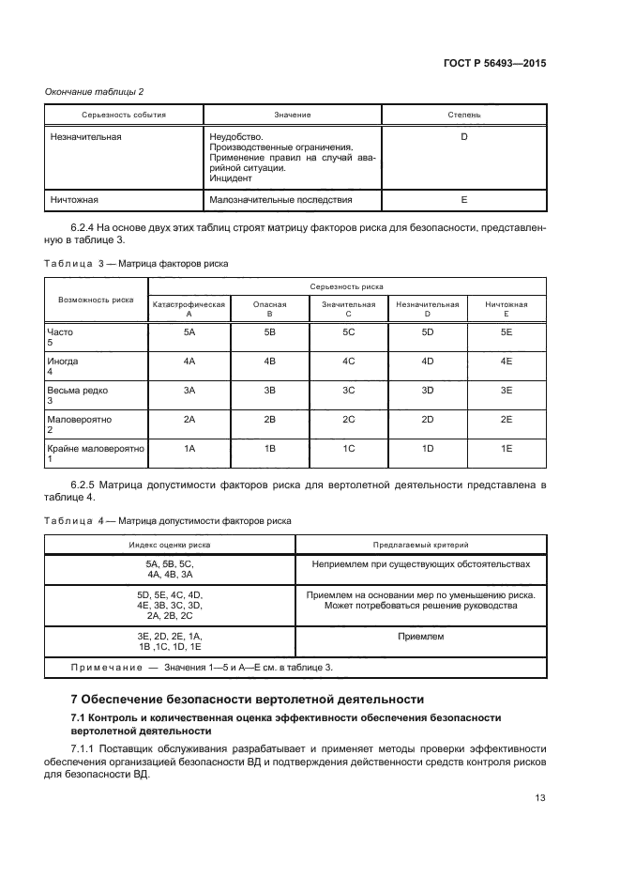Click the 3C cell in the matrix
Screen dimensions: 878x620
(348, 390)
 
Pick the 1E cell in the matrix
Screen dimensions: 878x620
(507, 449)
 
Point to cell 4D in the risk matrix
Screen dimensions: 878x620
(428, 361)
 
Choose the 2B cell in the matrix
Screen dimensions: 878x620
(269, 419)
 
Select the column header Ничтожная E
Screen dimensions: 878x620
(507, 309)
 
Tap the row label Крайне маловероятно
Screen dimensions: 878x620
(95, 449)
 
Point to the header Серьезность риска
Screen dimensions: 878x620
(347, 285)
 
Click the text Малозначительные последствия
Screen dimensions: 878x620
(281, 200)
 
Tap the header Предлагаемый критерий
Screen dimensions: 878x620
(420, 544)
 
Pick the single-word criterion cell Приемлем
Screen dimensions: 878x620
(421, 637)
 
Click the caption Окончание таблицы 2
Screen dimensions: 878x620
(95, 91)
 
